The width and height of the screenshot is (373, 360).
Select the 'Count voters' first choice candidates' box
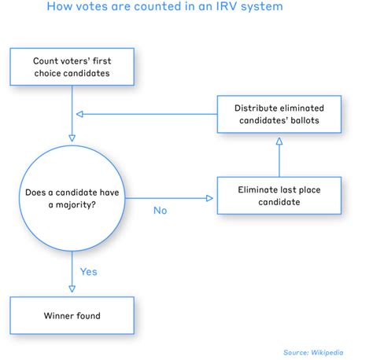(x=72, y=67)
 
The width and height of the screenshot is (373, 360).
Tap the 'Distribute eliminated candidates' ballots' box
(x=279, y=114)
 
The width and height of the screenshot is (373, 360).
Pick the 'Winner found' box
(x=72, y=317)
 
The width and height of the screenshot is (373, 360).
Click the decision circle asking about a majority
(x=72, y=196)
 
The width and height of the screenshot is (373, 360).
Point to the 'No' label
(x=161, y=210)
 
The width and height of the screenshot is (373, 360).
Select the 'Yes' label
(x=89, y=272)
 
